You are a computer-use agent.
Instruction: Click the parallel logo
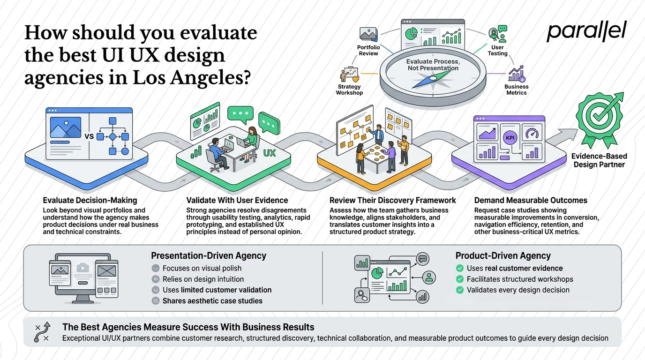586,31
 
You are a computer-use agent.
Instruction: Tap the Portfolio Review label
368,51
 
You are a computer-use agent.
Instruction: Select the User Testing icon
498,34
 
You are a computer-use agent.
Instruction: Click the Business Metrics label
516,90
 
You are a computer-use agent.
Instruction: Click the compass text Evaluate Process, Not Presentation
433,65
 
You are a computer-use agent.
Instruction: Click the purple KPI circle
510,138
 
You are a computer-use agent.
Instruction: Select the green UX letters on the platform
270,153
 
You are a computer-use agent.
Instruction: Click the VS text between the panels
89,136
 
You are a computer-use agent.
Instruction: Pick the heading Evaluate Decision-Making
90,200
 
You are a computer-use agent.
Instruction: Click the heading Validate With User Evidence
237,200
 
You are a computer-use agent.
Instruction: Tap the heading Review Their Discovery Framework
393,200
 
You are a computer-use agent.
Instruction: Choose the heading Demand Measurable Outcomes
531,200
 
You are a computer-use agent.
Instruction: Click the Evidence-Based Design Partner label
599,160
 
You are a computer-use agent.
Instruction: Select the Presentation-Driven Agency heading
209,256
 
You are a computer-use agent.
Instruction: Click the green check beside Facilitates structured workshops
460,279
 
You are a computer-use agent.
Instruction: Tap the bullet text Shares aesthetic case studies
212,301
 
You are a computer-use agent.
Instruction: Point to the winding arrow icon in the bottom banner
42,332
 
